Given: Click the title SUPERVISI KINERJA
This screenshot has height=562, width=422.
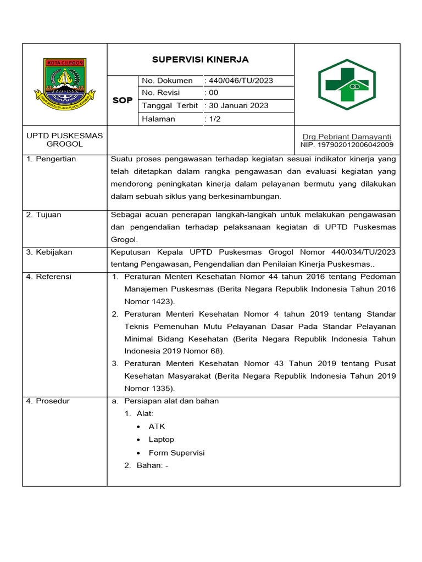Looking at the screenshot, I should tap(200, 59).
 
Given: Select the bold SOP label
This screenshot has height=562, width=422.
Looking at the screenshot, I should tap(122, 100).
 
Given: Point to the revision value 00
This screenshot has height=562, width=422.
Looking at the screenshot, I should tap(213, 93).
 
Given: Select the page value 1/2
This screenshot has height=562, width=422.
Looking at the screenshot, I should tap(213, 119).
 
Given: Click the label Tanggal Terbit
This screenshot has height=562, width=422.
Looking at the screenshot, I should tap(170, 105).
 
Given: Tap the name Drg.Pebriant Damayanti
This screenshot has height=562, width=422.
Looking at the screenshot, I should tap(347, 136).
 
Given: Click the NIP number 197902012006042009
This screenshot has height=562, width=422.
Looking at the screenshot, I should tap(347, 145).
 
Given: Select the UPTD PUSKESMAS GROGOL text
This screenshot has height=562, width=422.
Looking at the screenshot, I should tap(65, 140).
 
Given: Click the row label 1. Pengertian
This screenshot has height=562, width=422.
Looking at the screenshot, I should tap(51, 159).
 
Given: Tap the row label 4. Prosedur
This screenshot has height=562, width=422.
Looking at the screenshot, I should tap(48, 401).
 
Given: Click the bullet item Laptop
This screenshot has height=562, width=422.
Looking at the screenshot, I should tap(161, 440).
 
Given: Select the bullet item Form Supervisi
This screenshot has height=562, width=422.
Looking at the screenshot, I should tap(176, 453).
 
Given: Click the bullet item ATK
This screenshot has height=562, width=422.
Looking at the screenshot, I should tap(157, 426).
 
